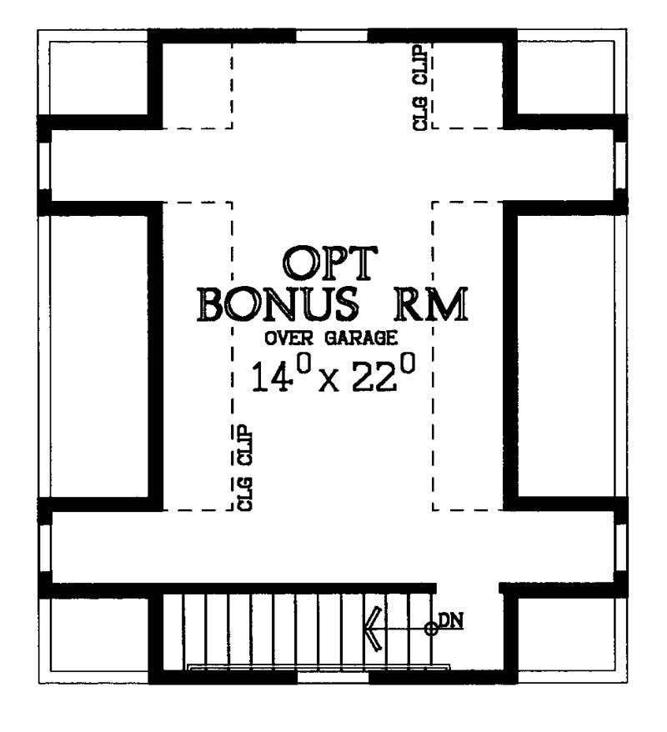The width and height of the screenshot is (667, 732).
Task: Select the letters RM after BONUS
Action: pos(426,305)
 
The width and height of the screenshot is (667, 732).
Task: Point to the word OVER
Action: pos(288,339)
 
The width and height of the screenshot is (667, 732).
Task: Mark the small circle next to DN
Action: pos(431,629)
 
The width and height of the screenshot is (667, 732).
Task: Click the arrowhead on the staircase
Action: pos(373,629)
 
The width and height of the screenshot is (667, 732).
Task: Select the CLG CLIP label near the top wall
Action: pos(420,88)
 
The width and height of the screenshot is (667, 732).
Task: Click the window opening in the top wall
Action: pos(333,35)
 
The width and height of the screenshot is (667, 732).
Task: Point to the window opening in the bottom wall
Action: pos(333,677)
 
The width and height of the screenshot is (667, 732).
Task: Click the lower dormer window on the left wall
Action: pos(43,545)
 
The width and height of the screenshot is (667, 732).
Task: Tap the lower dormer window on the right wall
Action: pos(621,545)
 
